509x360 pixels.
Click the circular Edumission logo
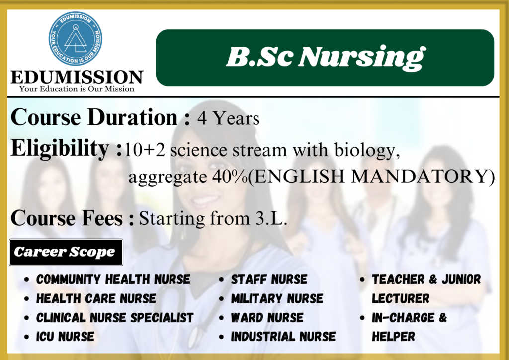(76, 39)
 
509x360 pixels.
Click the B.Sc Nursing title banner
(325, 58)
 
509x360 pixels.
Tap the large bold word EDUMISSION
(77, 77)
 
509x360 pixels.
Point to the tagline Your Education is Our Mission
(77, 89)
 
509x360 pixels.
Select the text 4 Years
(229, 118)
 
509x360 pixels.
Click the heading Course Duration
(94, 117)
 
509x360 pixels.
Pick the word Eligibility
(60, 149)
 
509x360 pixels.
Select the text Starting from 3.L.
(213, 218)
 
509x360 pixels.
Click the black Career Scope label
(66, 252)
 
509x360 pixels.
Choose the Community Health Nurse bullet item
(113, 279)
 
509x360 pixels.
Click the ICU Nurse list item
(65, 337)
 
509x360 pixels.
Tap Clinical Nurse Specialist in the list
(115, 318)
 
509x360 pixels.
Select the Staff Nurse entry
(269, 279)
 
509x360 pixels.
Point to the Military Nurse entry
(277, 299)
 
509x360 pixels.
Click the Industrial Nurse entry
(283, 337)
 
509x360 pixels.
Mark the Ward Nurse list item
(267, 318)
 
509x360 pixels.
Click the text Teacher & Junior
(426, 279)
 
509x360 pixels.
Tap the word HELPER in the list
(394, 337)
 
